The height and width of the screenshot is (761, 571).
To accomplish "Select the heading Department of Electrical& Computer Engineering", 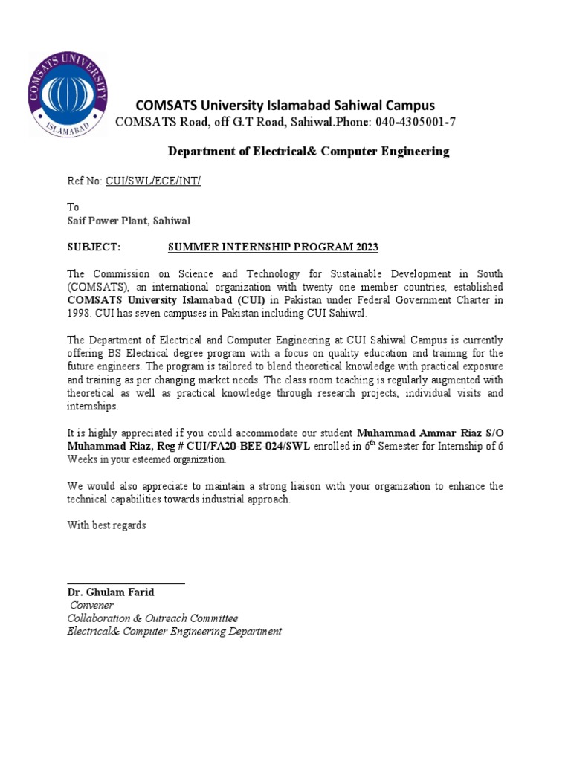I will tap(308, 152).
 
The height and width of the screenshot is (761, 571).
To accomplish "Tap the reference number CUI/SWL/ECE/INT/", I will tap(153, 181).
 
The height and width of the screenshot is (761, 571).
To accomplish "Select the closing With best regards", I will tap(107, 525).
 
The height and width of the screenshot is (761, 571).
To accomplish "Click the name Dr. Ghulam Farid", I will tap(111, 592).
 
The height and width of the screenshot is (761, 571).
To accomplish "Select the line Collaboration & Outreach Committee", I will tap(152, 618).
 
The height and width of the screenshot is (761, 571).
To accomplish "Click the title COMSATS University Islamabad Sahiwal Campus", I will tap(284, 105).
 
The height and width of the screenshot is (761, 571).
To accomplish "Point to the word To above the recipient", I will tap(73, 207).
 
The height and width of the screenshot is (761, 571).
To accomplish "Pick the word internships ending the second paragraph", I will tap(92, 407).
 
